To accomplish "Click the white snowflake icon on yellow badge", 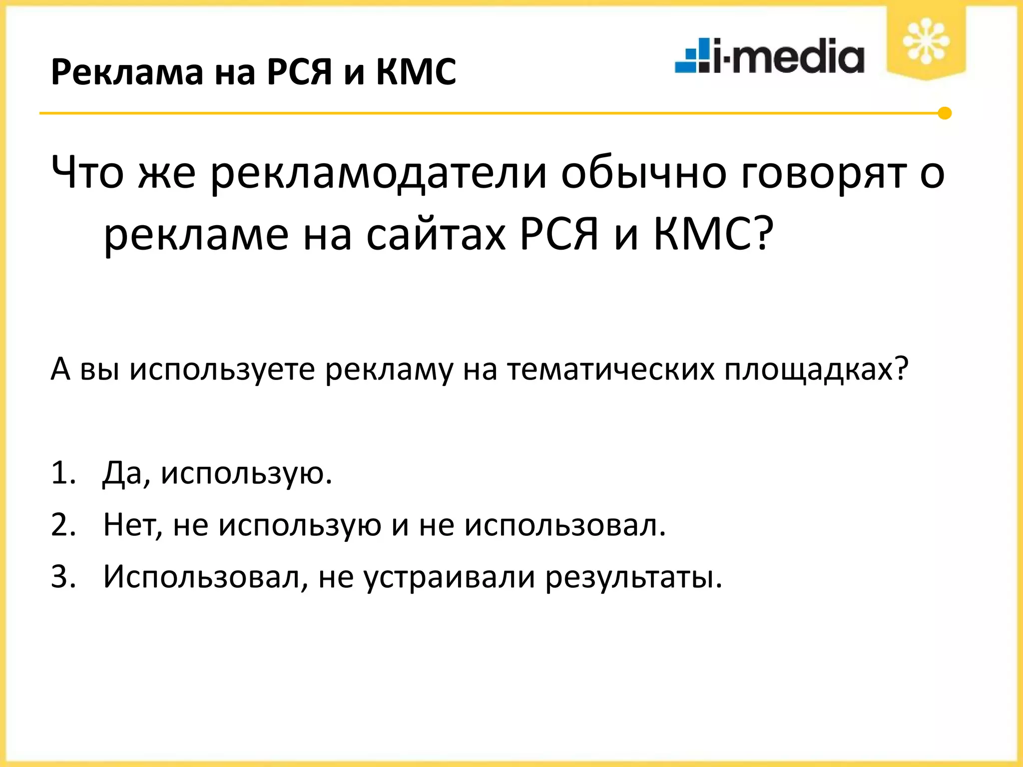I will tap(926, 41).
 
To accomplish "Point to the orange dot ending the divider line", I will tap(944, 113).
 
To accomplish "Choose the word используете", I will tap(222, 370).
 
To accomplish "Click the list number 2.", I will tap(63, 525).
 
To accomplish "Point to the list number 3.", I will tap(63, 577).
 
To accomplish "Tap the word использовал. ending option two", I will tap(565, 525).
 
